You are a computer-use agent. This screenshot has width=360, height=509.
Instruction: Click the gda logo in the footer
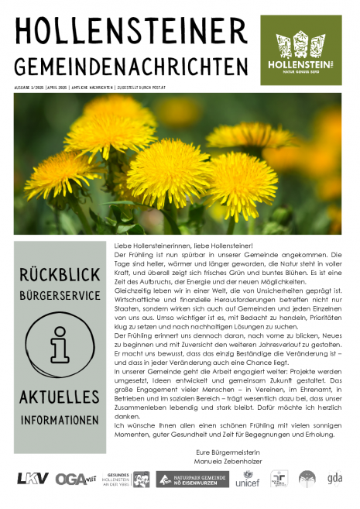pyautogui.click(x=334, y=478)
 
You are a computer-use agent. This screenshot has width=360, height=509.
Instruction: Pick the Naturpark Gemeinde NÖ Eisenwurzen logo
pyautogui.click(x=192, y=479)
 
